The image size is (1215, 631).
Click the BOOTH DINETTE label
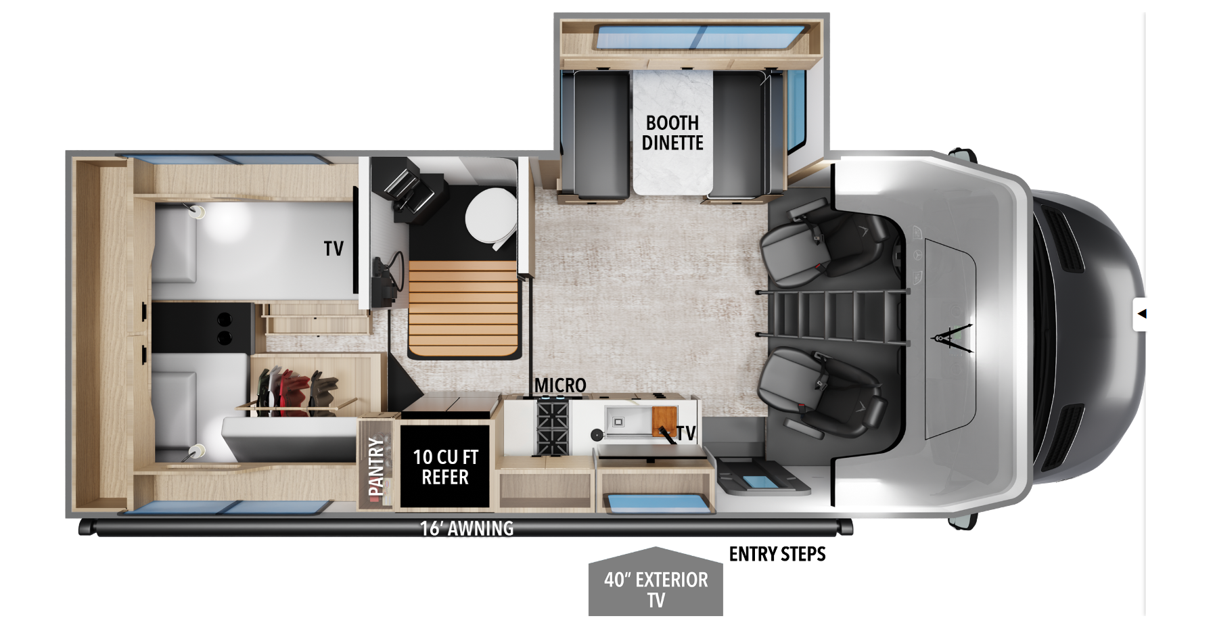click(x=672, y=133)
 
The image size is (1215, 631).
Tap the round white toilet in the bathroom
click(x=490, y=218)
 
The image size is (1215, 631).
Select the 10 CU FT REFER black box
click(x=445, y=467)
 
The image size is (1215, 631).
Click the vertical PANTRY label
click(x=375, y=467)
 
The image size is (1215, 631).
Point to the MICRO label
click(x=560, y=385)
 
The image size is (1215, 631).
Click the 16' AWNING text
click(x=467, y=528)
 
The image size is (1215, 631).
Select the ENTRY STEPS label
click(x=777, y=555)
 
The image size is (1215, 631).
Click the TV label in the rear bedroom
click(x=334, y=249)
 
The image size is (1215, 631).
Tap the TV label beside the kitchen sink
click(x=686, y=434)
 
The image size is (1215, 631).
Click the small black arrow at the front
click(x=1142, y=314)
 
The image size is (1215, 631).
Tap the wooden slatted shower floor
click(x=463, y=308)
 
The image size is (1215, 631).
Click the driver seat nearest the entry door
click(x=819, y=392)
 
